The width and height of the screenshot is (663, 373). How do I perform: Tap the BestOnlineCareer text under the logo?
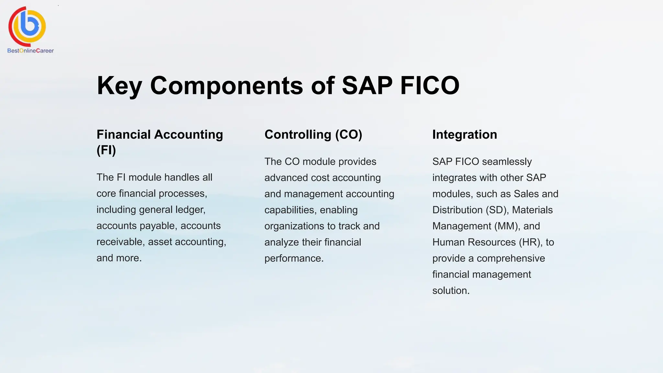point(30,51)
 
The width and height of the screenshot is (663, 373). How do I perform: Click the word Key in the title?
point(119,85)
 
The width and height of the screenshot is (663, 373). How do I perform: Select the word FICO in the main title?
point(430,85)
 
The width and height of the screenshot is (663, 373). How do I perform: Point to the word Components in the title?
point(227,85)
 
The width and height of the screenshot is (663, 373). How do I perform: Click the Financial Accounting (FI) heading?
point(160,142)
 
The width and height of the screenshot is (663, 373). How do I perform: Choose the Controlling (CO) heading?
point(313,134)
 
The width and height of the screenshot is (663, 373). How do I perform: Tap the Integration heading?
point(465,134)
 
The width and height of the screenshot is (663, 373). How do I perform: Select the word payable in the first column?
point(158,226)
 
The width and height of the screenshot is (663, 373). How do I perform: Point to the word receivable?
point(121,242)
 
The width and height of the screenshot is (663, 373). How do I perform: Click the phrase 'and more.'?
point(119,258)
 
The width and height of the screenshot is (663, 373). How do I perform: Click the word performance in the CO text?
point(294,258)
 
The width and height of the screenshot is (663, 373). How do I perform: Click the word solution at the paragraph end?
point(450,290)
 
